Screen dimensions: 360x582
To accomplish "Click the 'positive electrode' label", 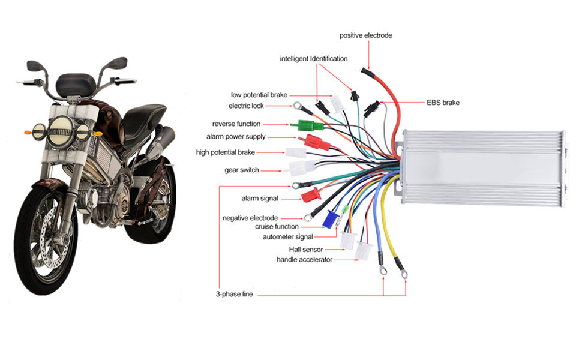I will (365, 35).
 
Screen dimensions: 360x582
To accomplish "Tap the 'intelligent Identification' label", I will (313, 59).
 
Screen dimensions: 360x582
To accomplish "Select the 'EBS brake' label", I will (443, 103).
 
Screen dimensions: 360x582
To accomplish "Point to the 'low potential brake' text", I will (259, 95).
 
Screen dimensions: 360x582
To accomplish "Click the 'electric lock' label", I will (246, 106).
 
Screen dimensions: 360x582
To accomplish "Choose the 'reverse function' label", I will (236, 124).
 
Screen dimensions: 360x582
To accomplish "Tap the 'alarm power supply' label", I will (240, 137).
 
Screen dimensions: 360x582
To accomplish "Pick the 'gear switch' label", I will (242, 170).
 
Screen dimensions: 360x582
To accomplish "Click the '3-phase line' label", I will (233, 295).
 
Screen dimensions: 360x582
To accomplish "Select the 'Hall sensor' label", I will (306, 249).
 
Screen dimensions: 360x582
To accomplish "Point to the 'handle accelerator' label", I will (304, 260).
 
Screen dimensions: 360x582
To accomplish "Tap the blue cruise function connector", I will (329, 220).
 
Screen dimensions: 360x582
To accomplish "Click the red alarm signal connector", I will (310, 194).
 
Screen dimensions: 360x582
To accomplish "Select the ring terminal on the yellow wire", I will (404, 274).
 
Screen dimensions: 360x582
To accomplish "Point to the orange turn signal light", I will (27, 131).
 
